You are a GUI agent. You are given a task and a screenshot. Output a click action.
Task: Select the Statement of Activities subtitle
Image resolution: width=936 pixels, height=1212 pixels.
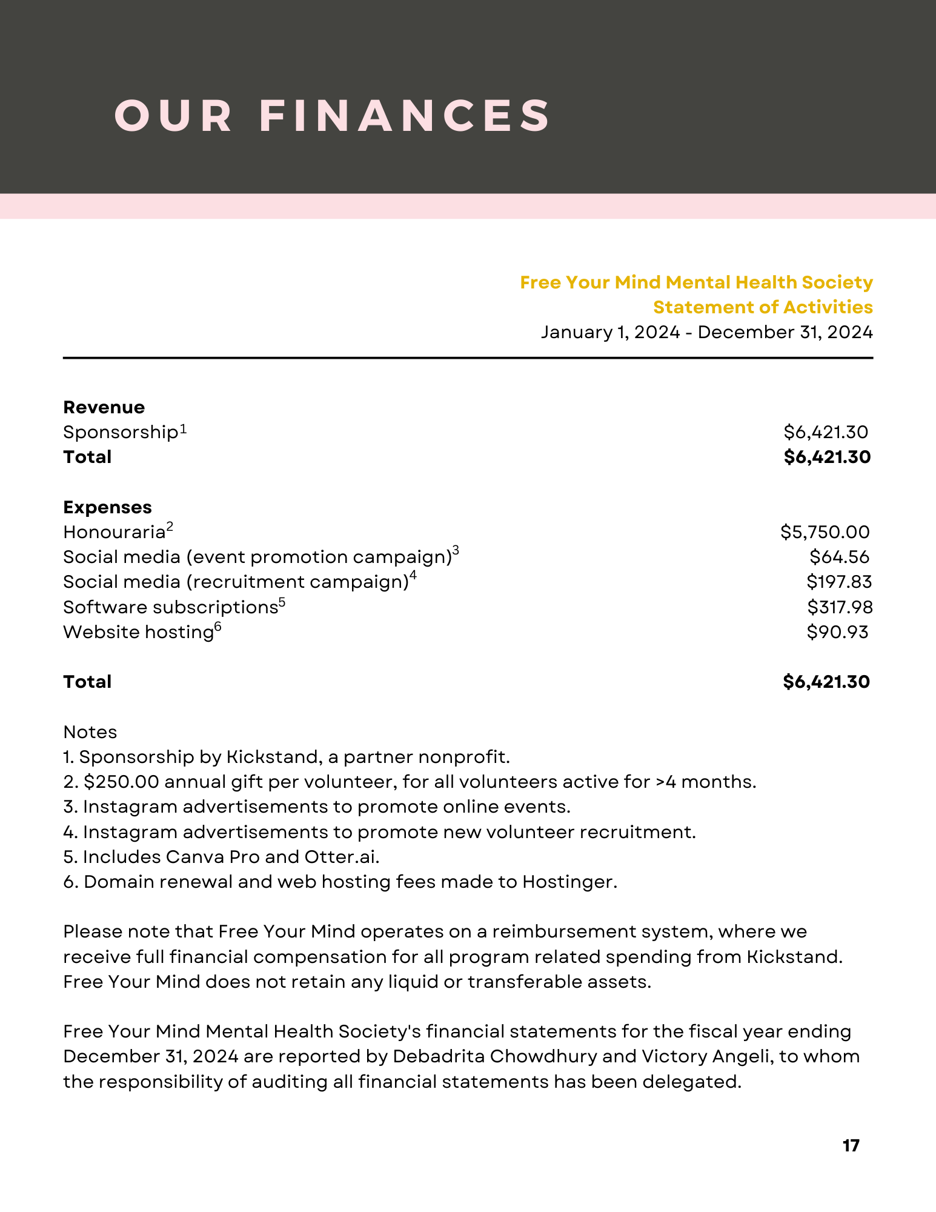[x=763, y=307]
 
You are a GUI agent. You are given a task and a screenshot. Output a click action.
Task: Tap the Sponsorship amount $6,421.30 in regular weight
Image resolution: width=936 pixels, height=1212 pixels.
[x=826, y=432]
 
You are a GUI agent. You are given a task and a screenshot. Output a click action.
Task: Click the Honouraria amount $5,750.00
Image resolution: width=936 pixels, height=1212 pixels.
[x=825, y=532]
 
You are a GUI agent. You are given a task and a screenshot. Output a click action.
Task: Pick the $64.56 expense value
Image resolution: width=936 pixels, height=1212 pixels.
[x=839, y=557]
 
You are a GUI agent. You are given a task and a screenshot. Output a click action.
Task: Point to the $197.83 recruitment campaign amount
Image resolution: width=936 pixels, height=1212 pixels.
[x=839, y=582]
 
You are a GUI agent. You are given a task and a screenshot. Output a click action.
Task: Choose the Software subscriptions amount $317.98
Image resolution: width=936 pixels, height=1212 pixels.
[x=840, y=607]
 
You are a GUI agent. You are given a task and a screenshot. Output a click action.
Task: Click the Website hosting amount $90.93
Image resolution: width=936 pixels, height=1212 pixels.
[x=837, y=632]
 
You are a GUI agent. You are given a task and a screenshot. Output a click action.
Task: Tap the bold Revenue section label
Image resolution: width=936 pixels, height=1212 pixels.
[x=104, y=407]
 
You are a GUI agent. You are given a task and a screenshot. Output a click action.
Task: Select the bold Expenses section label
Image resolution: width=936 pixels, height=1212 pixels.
[x=107, y=507]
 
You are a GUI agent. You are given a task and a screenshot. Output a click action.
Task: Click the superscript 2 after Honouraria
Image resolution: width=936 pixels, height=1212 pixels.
[x=170, y=527]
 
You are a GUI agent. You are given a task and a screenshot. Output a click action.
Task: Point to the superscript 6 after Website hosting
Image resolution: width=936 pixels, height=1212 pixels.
[x=217, y=627]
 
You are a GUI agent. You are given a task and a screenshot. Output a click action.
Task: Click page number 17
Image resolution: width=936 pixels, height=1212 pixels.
[x=851, y=1145]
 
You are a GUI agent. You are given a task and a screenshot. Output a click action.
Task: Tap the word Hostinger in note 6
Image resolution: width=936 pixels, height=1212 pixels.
[x=569, y=882]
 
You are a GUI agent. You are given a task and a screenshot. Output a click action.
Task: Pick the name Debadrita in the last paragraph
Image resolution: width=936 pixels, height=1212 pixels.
[x=439, y=1056]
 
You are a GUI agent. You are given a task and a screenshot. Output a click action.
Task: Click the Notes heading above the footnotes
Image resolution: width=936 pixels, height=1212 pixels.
[x=90, y=732]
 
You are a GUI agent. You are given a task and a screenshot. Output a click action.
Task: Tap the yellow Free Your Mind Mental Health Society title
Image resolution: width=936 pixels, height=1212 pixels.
[x=696, y=282]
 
